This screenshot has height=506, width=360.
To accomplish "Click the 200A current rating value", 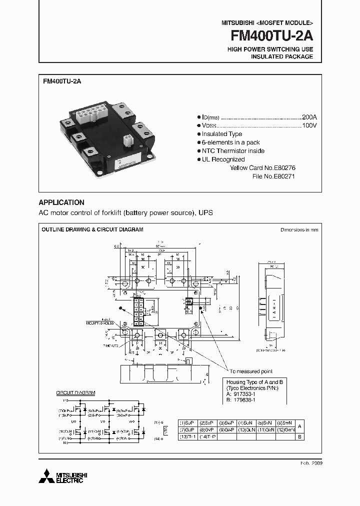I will (309, 116).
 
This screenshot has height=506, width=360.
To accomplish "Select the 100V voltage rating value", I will (309, 125).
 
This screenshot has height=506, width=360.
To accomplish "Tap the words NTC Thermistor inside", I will (233, 151).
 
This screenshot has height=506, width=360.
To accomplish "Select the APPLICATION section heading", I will (61, 202).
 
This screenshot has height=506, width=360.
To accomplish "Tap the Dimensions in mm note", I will (299, 230).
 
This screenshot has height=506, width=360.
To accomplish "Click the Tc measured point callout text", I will (251, 371).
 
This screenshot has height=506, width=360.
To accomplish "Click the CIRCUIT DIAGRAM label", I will (75, 393).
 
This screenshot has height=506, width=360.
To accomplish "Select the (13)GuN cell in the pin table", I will (246, 429).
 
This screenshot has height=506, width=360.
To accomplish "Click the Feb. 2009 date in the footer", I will (312, 463).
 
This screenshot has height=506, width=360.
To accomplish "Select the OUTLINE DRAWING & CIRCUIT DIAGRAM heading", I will (92, 229).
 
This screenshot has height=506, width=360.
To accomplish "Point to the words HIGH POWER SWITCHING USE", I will (270, 49).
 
